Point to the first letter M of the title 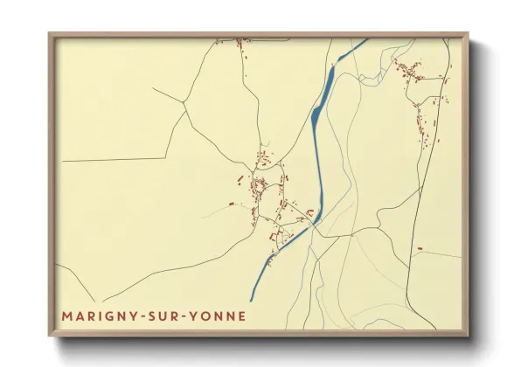pyautogui.click(x=67, y=315)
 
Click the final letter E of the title pyautogui.click(x=241, y=315)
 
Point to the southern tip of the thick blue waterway pyautogui.click(x=251, y=301)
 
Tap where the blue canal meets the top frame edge pyautogui.click(x=365, y=39)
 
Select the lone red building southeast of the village pyautogui.click(x=420, y=249)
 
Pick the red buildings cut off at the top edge pyautogui.click(x=241, y=40)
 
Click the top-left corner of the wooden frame pyautogui.click(x=49, y=33)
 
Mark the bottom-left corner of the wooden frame pyautogui.click(x=49, y=336)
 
